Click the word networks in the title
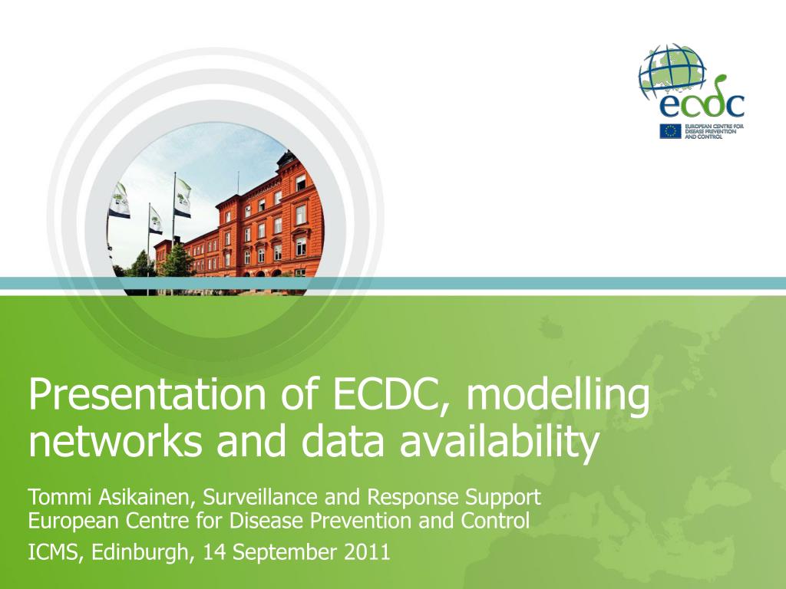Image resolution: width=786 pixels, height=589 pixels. tap(116, 441)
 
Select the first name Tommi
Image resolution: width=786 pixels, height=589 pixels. tap(61, 497)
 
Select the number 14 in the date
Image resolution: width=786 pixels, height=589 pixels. tap(214, 552)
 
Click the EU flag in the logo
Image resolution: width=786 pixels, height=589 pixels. tap(670, 131)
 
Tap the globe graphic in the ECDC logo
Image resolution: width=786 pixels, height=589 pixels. tap(672, 73)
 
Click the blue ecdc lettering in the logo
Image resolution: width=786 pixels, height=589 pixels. tap(701, 103)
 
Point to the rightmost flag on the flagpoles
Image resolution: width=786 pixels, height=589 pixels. tap(183, 198)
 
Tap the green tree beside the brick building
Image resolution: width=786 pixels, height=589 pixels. tap(177, 261)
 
